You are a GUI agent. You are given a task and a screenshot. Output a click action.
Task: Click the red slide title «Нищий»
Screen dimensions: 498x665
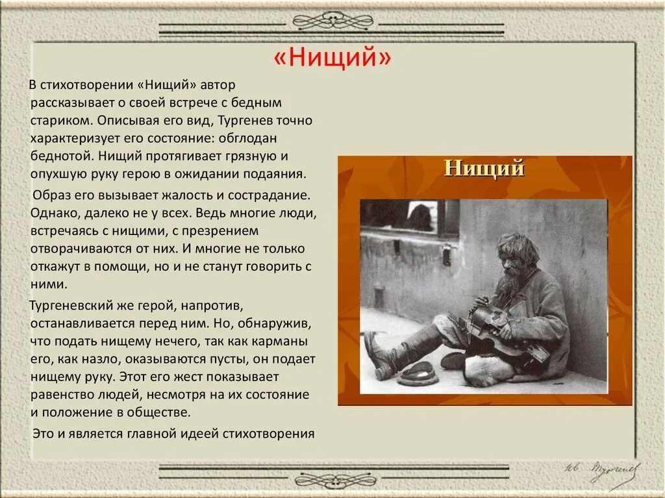pos(332,58)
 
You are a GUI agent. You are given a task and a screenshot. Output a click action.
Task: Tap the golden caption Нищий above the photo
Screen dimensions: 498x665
pos(484,168)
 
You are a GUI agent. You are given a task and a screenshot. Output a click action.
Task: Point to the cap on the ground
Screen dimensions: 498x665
pos(417,373)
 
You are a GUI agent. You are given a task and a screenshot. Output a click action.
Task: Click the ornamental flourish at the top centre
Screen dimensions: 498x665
pos(332,21)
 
